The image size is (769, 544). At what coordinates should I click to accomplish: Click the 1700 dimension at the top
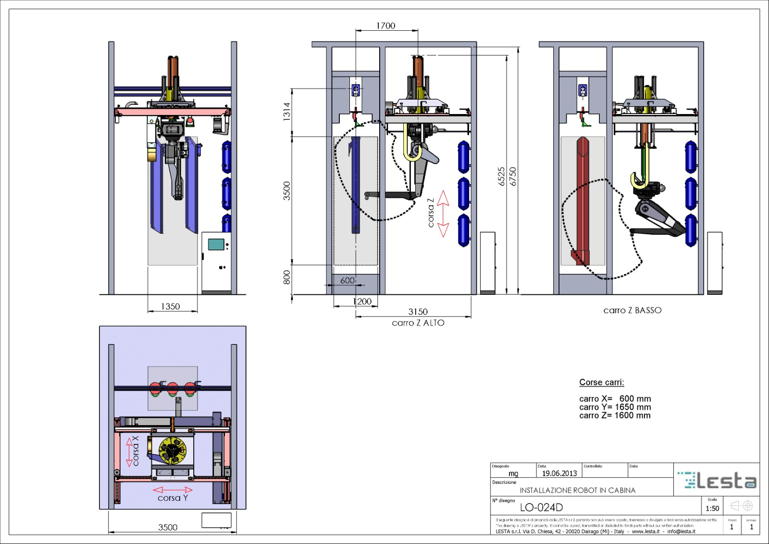pos(385,25)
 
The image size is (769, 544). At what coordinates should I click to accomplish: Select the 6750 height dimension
pos(513,177)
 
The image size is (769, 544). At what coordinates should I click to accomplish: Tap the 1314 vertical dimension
pos(286,111)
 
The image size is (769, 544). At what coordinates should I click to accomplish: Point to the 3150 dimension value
pos(418,312)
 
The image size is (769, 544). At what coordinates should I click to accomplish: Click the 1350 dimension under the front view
pos(170,306)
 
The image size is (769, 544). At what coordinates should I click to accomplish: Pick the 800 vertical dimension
pos(286,277)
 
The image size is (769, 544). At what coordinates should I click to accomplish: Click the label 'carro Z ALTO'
pos(418,323)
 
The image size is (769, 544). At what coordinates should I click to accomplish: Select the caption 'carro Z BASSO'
pos(632,310)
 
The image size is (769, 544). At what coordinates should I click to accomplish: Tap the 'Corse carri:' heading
pos(601,382)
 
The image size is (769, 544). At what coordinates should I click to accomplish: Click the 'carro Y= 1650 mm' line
pos(615,407)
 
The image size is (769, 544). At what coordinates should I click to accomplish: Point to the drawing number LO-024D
pos(541,507)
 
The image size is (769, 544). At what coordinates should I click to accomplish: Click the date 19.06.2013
pos(559,473)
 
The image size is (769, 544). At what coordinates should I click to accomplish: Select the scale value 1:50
pos(712,508)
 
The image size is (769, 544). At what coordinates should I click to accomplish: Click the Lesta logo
pos(717,480)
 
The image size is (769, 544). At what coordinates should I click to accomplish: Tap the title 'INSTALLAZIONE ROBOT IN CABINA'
pos(577,490)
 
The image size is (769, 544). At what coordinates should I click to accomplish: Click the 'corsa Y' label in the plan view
pos(173,498)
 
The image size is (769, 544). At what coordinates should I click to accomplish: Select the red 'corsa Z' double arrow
pos(443,214)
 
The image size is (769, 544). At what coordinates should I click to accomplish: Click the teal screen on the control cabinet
pos(216,244)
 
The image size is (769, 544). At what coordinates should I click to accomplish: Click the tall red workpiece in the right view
pos(583,197)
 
